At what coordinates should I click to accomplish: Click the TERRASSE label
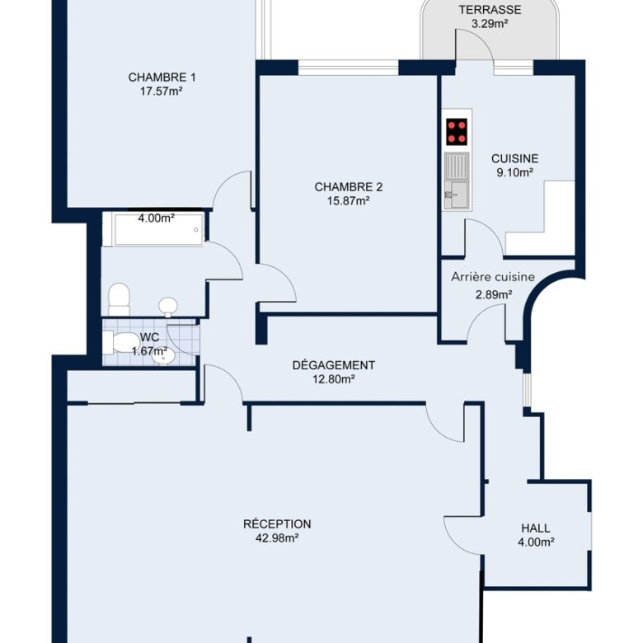(x=490, y=9)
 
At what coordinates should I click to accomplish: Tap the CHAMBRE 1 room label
(x=162, y=77)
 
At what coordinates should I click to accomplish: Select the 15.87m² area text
(x=349, y=201)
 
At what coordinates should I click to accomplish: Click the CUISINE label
(x=514, y=158)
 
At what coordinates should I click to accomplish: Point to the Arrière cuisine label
(x=493, y=277)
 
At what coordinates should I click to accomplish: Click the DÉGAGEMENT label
(x=333, y=365)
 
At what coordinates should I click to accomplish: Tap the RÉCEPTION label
(x=277, y=523)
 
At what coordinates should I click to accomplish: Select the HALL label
(x=536, y=528)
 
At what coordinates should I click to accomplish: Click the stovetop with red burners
(x=457, y=132)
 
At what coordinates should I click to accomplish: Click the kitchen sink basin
(x=457, y=195)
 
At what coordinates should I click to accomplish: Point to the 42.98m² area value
(x=277, y=537)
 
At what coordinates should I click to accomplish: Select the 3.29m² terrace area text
(x=490, y=23)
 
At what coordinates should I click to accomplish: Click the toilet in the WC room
(x=121, y=342)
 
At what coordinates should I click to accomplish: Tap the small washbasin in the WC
(x=164, y=357)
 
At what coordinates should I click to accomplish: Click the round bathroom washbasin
(x=168, y=307)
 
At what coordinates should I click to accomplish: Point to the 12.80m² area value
(x=333, y=379)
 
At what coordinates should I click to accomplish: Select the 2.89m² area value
(x=493, y=294)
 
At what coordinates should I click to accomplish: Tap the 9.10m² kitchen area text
(x=514, y=172)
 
